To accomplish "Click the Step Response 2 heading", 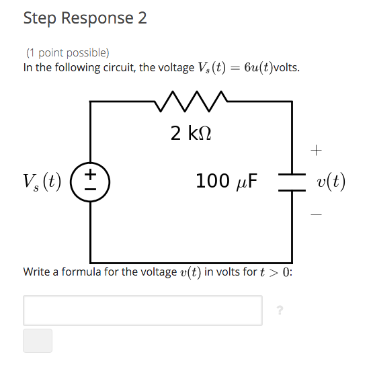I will click(x=85, y=18).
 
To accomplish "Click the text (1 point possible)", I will click(x=67, y=52).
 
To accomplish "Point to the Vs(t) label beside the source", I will click(x=42, y=181).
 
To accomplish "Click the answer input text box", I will click(x=142, y=310).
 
